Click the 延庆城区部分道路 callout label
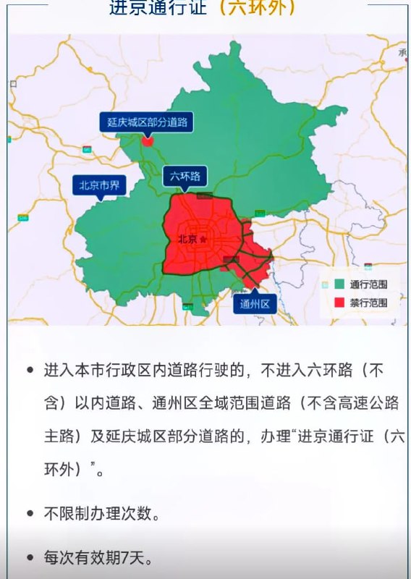[146, 122]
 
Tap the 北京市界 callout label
[100, 185]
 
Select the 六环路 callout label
[185, 176]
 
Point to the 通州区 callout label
[255, 304]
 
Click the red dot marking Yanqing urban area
[148, 141]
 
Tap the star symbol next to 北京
[203, 239]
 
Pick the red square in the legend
[338, 302]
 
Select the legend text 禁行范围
[368, 302]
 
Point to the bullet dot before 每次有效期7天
[30, 558]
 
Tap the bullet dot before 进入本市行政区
[30, 370]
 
